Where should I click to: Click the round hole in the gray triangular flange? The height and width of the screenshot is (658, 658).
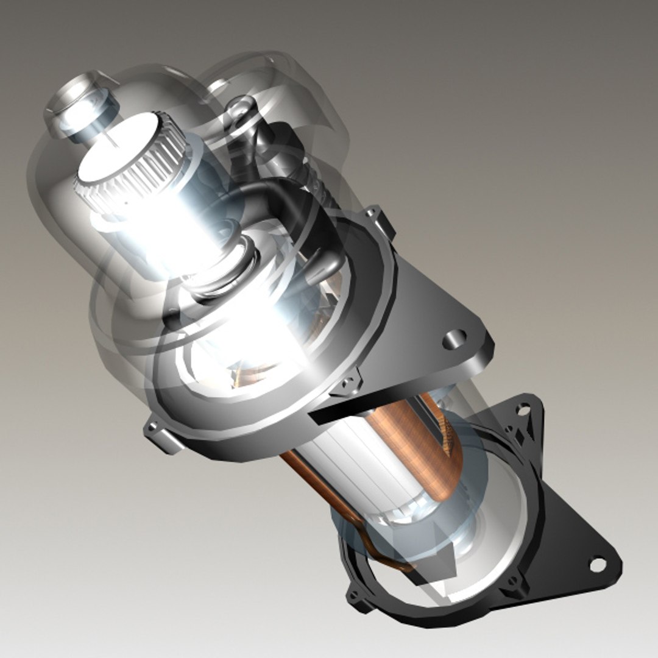(454, 339)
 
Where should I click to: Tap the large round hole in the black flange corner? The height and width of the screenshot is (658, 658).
(598, 565)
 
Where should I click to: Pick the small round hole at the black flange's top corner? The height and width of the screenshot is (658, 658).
(522, 410)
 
